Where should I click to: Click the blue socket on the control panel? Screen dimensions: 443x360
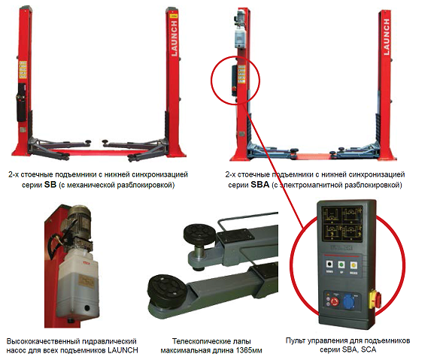pyautogui.click(x=348, y=301)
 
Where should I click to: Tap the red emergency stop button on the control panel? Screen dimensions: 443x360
pyautogui.click(x=335, y=301)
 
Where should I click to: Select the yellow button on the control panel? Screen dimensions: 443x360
pyautogui.click(x=353, y=265)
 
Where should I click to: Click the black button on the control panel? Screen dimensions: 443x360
pyautogui.click(x=329, y=265)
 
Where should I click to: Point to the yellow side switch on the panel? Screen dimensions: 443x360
pyautogui.click(x=375, y=300)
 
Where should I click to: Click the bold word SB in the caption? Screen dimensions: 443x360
pyautogui.click(x=50, y=185)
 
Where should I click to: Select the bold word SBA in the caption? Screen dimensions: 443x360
pyautogui.click(x=260, y=185)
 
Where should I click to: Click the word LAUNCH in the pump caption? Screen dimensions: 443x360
pyautogui.click(x=123, y=350)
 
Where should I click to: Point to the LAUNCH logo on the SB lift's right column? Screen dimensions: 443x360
pyautogui.click(x=174, y=38)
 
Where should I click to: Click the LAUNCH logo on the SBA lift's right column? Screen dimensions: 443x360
pyautogui.click(x=386, y=37)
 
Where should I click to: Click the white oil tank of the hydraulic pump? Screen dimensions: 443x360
pyautogui.click(x=78, y=285)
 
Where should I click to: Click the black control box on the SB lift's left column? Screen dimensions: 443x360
pyautogui.click(x=21, y=103)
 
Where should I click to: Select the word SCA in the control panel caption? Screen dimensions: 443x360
pyautogui.click(x=369, y=349)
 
